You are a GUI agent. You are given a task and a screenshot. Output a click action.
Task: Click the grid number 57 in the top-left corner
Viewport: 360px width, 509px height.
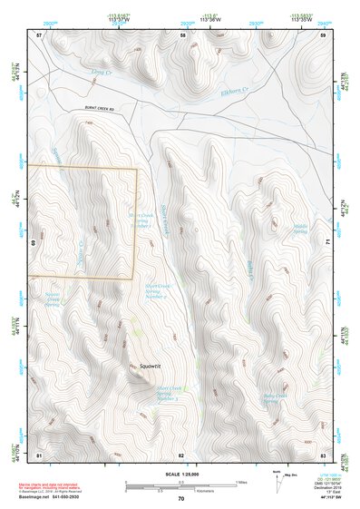tap(39, 34)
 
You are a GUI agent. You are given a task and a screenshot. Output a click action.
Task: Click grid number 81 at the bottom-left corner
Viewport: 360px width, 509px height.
tap(39, 455)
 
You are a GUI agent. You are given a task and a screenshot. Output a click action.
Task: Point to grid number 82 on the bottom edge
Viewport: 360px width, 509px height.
tap(181, 455)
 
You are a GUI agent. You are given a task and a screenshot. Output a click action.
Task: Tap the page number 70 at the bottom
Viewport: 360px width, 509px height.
tap(180, 498)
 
